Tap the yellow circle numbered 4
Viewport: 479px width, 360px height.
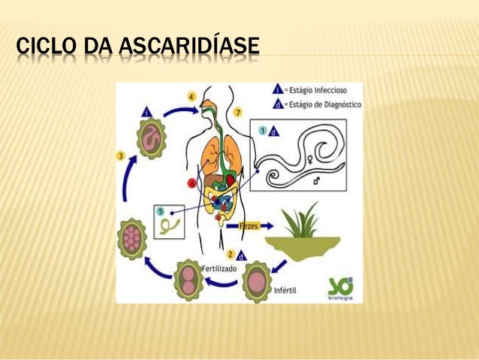pos(192,97)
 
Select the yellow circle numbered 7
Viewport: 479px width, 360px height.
pos(237,113)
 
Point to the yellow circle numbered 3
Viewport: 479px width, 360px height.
pos(121,156)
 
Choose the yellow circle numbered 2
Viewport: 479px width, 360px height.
pos(231,254)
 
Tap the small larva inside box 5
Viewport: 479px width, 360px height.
pos(173,222)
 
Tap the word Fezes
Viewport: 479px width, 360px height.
pos(249,225)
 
